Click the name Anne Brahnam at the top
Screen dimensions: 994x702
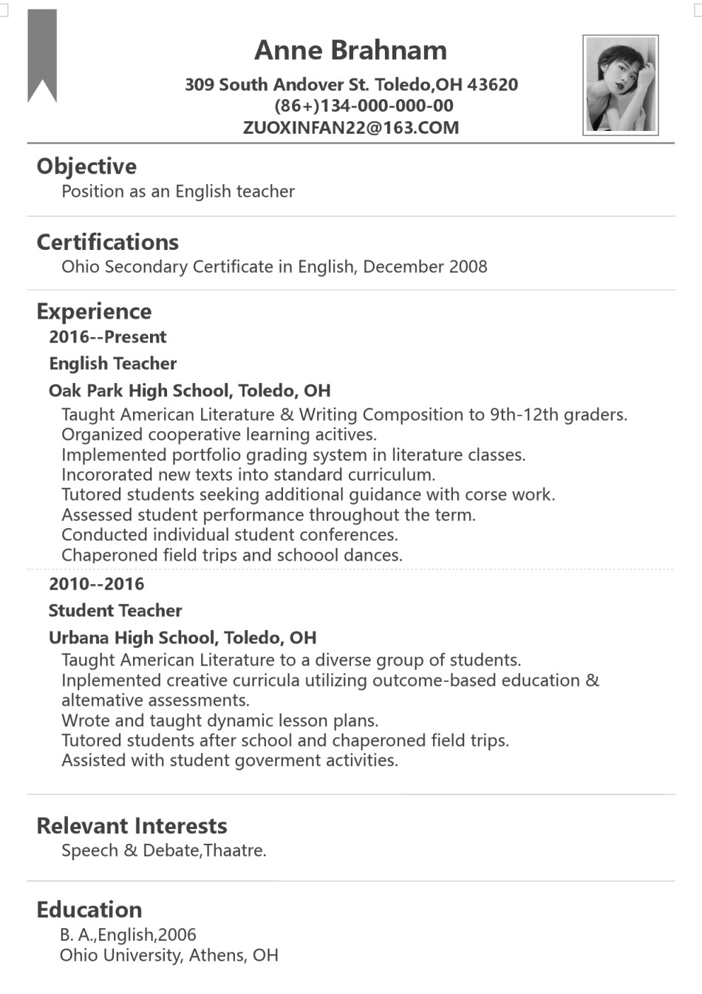[x=350, y=50]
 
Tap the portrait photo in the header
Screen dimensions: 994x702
[x=620, y=85]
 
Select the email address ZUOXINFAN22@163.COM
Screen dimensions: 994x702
[x=351, y=127]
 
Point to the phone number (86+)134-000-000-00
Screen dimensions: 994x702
[x=364, y=106]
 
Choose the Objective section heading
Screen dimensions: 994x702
[x=86, y=166]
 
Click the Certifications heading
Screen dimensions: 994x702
[x=107, y=242]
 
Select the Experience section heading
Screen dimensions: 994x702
[x=94, y=311]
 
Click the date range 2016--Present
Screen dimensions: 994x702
[x=108, y=337]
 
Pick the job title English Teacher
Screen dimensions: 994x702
[x=113, y=364]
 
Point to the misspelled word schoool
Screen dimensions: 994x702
[x=308, y=555]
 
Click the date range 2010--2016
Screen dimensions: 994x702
[x=97, y=584]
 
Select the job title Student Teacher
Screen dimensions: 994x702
[x=115, y=611]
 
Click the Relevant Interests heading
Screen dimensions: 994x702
[x=132, y=826]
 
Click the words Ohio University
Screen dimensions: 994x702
[x=120, y=956]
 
